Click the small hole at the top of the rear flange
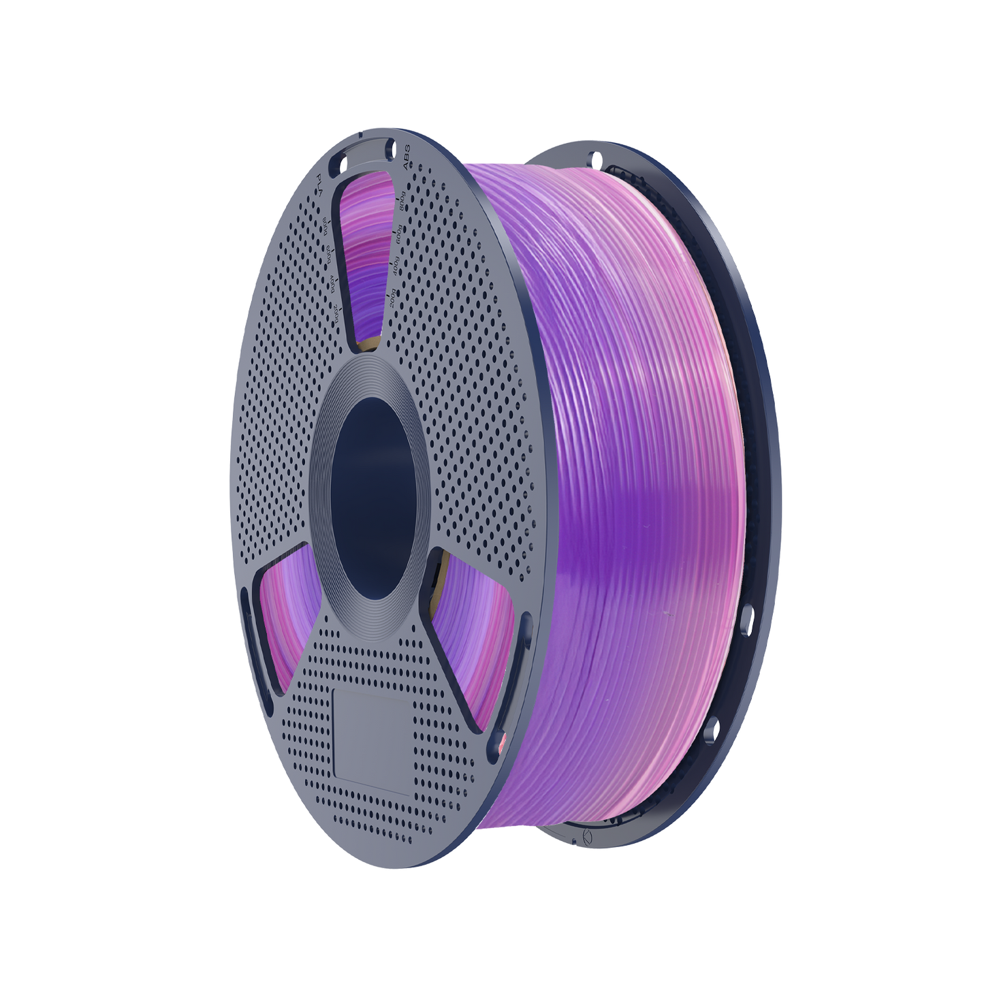pyautogui.click(x=597, y=161)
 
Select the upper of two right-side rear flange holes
pyautogui.click(x=748, y=620)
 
